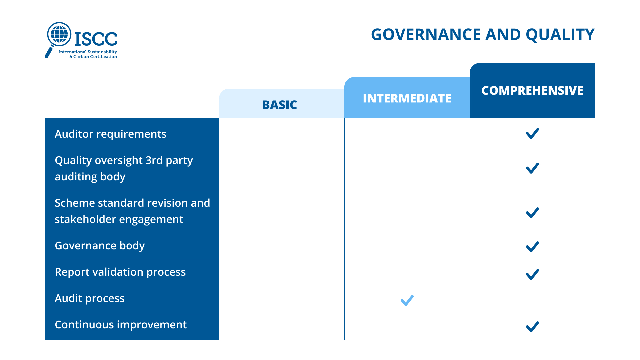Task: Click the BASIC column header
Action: (x=279, y=105)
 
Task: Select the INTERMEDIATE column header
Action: (x=407, y=98)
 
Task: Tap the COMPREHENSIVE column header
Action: (x=532, y=90)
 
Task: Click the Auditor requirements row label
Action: (x=110, y=134)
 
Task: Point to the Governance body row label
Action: (x=100, y=246)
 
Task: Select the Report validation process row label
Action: (x=120, y=272)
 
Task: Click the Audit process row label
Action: (x=89, y=299)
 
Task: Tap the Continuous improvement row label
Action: (x=121, y=325)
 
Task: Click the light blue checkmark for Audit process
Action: (x=407, y=301)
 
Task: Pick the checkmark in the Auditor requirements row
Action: (x=532, y=133)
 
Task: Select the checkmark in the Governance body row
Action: (x=532, y=247)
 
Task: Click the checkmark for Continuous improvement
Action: (x=532, y=327)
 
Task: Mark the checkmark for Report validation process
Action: (x=532, y=274)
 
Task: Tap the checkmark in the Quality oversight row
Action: (x=532, y=168)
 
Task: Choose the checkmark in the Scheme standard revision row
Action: (x=532, y=213)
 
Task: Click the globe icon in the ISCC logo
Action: (x=59, y=34)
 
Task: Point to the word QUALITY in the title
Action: (x=560, y=35)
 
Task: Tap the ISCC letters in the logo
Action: (x=96, y=39)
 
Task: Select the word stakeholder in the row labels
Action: (x=85, y=219)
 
